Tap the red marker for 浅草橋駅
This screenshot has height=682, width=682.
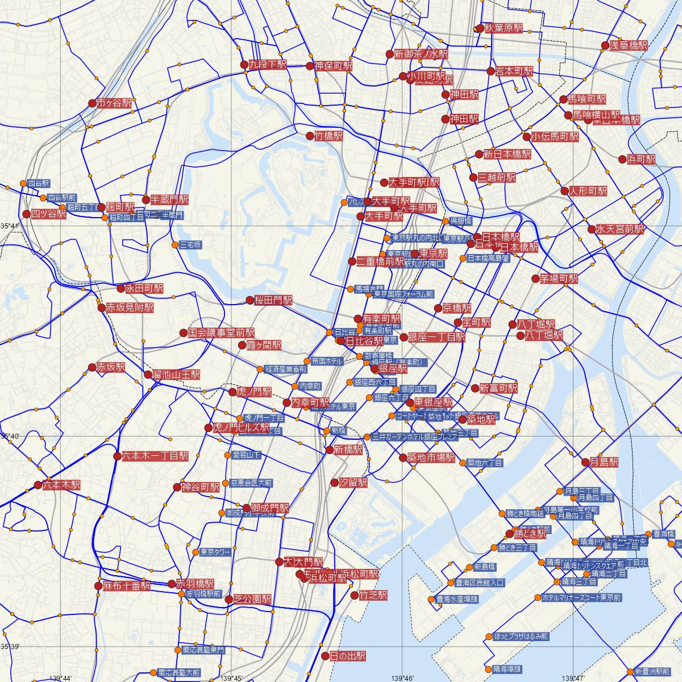(x=606, y=46)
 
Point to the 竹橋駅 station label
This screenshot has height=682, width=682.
(x=330, y=136)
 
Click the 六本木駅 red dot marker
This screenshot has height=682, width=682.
(x=38, y=485)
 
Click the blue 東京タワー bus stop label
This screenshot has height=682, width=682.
(x=215, y=552)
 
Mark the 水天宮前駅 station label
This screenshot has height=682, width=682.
(x=620, y=230)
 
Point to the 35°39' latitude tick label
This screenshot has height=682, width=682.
(x=10, y=647)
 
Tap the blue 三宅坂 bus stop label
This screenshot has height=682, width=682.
(x=190, y=245)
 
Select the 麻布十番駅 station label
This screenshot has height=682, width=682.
(x=127, y=585)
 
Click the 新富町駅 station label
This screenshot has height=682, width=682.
(x=498, y=388)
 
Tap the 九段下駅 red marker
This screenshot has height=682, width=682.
(x=244, y=65)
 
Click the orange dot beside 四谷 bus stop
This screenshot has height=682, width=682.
(x=23, y=184)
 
